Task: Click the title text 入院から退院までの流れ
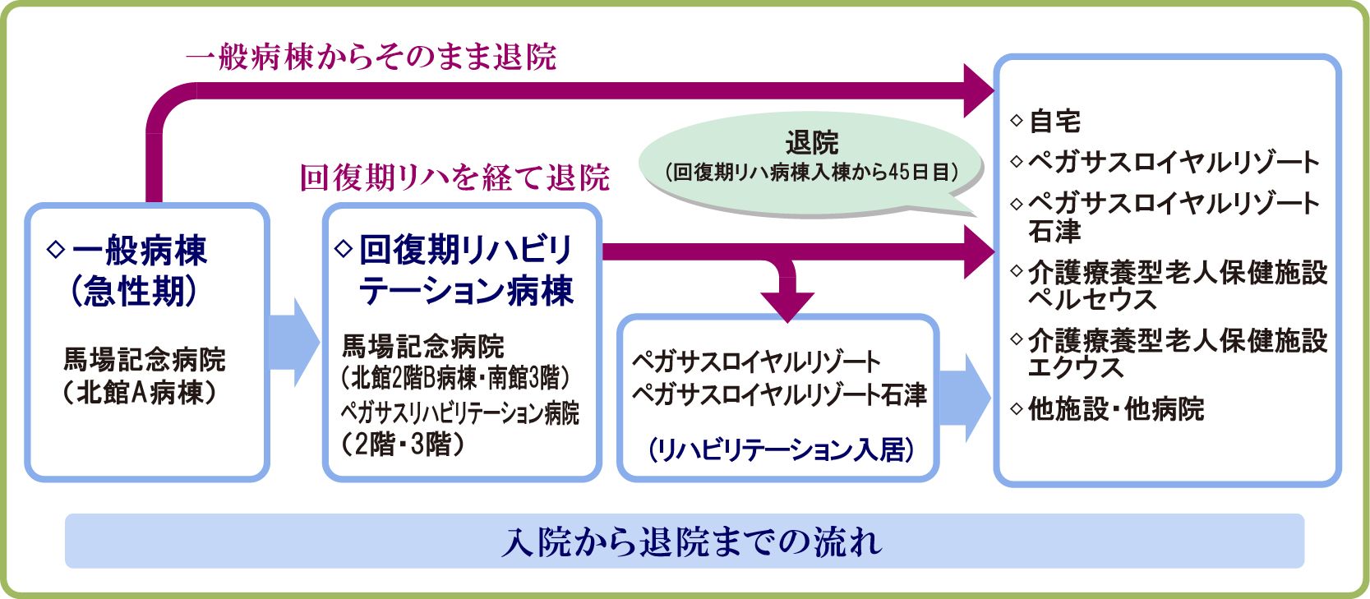692,541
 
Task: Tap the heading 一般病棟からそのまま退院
371,57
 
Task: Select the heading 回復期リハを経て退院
454,177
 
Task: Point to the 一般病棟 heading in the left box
139,251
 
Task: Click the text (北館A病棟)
141,393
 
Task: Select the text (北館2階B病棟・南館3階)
455,378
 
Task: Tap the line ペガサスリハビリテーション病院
459,412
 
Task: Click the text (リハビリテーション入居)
781,449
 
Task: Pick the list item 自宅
1054,122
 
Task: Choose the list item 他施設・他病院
1115,408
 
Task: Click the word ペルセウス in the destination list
1092,299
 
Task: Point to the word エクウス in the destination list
1076,367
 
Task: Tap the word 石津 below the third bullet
1054,232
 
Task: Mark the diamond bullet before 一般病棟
56,249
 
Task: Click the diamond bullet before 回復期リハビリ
344,247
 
